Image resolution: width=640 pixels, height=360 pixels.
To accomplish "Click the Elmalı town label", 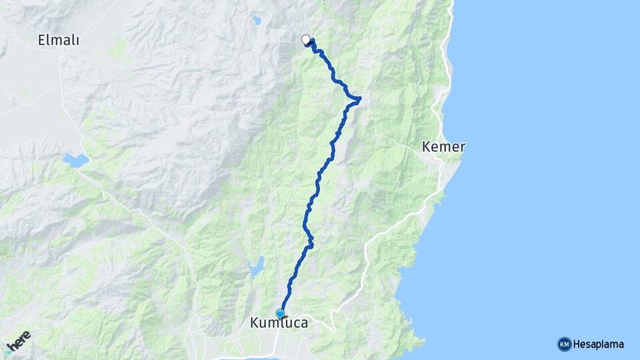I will click(x=59, y=41).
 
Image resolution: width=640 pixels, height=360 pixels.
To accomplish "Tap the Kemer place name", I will click(x=443, y=147).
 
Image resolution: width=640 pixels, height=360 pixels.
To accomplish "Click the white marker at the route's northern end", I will click(x=306, y=39).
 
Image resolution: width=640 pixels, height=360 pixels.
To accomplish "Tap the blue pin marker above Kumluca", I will click(x=280, y=313).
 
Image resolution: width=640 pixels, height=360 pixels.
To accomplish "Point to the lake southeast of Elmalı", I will click(x=76, y=160).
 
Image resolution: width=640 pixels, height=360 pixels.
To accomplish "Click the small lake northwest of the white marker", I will click(x=257, y=21).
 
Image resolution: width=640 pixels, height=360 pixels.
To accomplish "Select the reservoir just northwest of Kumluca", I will click(x=256, y=267).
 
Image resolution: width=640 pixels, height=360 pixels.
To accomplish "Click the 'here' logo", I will click(x=18, y=342).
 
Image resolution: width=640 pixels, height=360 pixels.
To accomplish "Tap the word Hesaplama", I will click(x=599, y=345).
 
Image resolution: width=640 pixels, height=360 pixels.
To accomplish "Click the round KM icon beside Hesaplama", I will click(x=564, y=345).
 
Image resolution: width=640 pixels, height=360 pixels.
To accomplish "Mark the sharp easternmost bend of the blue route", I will click(x=360, y=100).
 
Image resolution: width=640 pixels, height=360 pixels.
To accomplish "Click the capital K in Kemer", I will click(x=427, y=147).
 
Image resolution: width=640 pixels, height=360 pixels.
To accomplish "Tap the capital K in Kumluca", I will click(x=254, y=323).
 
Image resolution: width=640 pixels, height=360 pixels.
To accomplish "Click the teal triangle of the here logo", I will click(x=7, y=352).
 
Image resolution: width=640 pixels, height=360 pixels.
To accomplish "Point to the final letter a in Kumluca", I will click(x=304, y=324).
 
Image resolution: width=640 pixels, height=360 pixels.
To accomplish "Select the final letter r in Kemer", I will click(x=462, y=147).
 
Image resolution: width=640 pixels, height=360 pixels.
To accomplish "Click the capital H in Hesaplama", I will click(x=577, y=345).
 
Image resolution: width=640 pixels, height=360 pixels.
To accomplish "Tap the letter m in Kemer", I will click(x=444, y=147).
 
